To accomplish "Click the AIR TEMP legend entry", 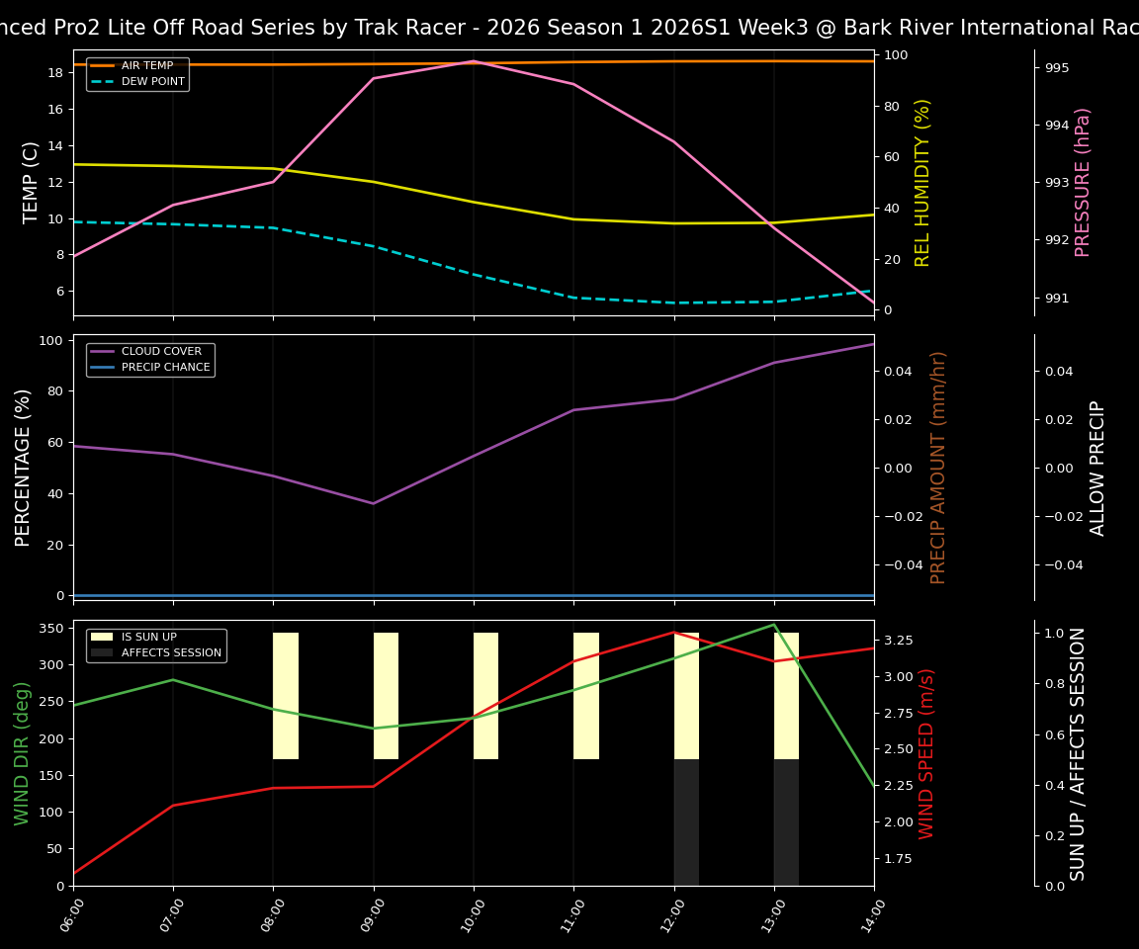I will coord(146,65).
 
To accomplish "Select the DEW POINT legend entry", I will coord(152,81).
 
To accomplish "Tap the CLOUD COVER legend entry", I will coord(161,351).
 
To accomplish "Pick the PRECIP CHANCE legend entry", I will coord(165,367).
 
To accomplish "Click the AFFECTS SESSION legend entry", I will coord(171,652).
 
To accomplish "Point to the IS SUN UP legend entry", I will coord(154,637).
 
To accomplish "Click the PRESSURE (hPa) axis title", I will coord(1083,182).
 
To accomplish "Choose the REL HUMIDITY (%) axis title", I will coord(923,182).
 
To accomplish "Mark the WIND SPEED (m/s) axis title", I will coord(926,753).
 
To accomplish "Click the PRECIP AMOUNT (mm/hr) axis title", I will coord(938,467).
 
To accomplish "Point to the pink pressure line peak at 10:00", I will coord(474,61).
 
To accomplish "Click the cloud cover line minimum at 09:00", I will coord(373,503).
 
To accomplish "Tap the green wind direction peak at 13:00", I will coord(774,625).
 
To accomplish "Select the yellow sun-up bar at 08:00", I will coord(286,696).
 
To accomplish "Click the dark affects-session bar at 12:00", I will coord(686,822).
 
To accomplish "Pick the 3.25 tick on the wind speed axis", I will coord(899,641).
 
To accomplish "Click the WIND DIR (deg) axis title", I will coord(22,753).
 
